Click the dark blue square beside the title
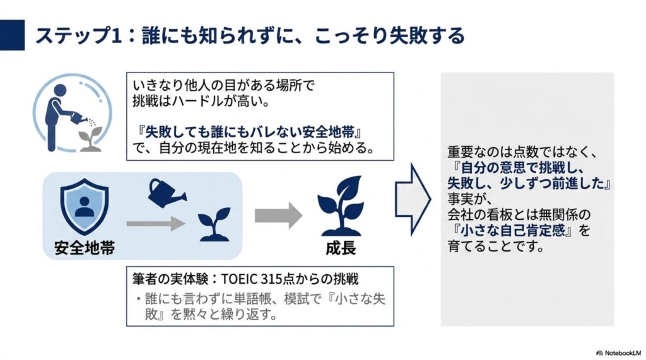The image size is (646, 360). pyautogui.click(x=12, y=35)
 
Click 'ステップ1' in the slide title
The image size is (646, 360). pyautogui.click(x=79, y=35)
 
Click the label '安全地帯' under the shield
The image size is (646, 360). pyautogui.click(x=85, y=248)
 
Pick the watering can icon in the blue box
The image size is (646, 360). pyautogui.click(x=166, y=193)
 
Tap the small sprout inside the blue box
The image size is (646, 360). pyautogui.click(x=214, y=224)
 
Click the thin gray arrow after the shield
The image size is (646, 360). pyautogui.click(x=156, y=224)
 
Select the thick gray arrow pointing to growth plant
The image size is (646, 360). pyautogui.click(x=278, y=216)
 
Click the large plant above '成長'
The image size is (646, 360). pyautogui.click(x=340, y=206)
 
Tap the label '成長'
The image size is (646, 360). pyautogui.click(x=341, y=248)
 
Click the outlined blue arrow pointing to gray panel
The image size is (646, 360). pyautogui.click(x=413, y=199)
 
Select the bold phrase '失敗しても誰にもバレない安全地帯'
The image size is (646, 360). pyautogui.click(x=250, y=132)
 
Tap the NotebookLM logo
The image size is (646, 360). pyautogui.click(x=619, y=353)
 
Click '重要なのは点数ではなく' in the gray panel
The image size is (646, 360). pyautogui.click(x=516, y=153)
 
